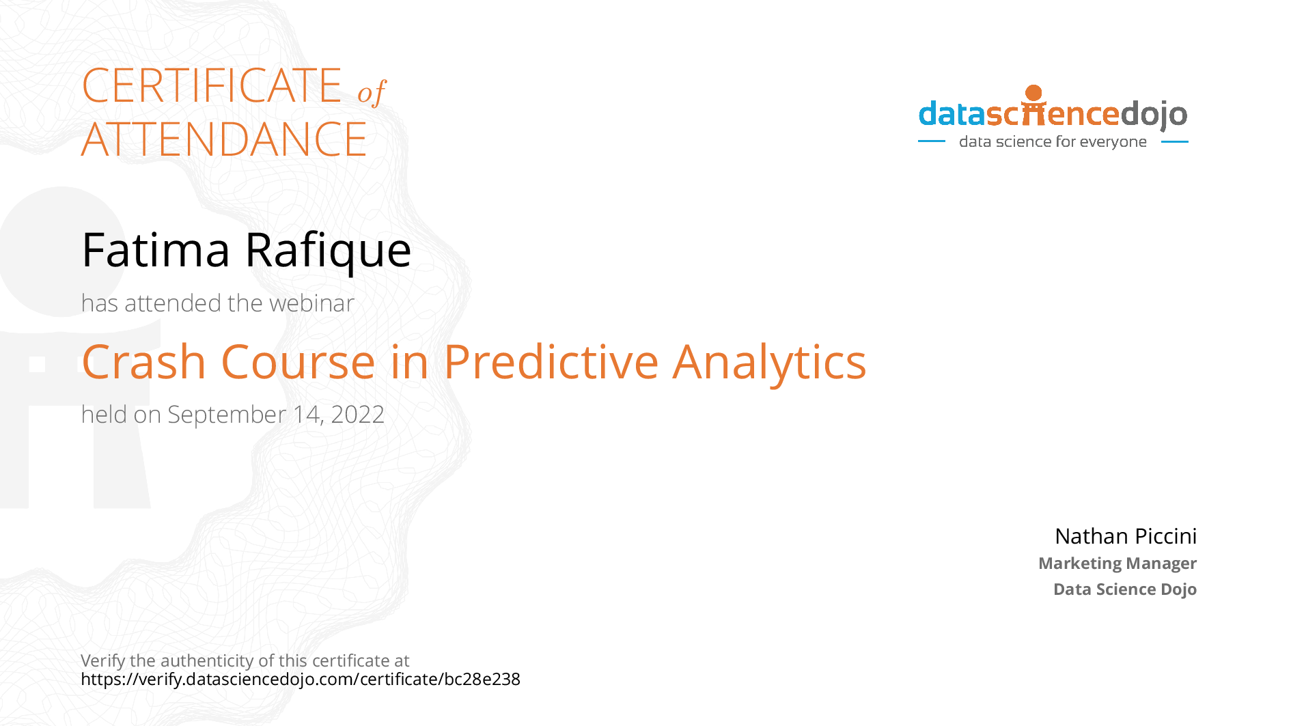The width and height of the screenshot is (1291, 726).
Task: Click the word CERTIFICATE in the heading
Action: pos(212,86)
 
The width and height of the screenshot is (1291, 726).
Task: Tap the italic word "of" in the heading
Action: pos(372,92)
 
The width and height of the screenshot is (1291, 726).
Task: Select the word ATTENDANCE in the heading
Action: pos(224,139)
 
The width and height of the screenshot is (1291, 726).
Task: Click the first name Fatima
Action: pos(156,250)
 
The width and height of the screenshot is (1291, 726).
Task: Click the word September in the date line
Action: pos(227,415)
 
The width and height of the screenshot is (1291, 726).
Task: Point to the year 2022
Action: pos(357,415)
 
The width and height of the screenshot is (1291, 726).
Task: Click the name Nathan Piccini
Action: pos(1125,536)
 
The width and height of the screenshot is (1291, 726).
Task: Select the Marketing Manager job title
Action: pos(1117,563)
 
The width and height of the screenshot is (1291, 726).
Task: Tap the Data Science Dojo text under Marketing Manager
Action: pos(1124,589)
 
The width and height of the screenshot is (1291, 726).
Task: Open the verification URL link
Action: pos(301,679)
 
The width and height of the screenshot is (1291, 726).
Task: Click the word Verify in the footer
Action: pos(102,660)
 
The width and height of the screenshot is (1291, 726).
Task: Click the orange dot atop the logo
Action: pos(1033,92)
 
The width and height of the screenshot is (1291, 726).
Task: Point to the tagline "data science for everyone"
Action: pos(1053,141)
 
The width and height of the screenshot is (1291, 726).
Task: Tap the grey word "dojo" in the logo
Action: pos(1154,114)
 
